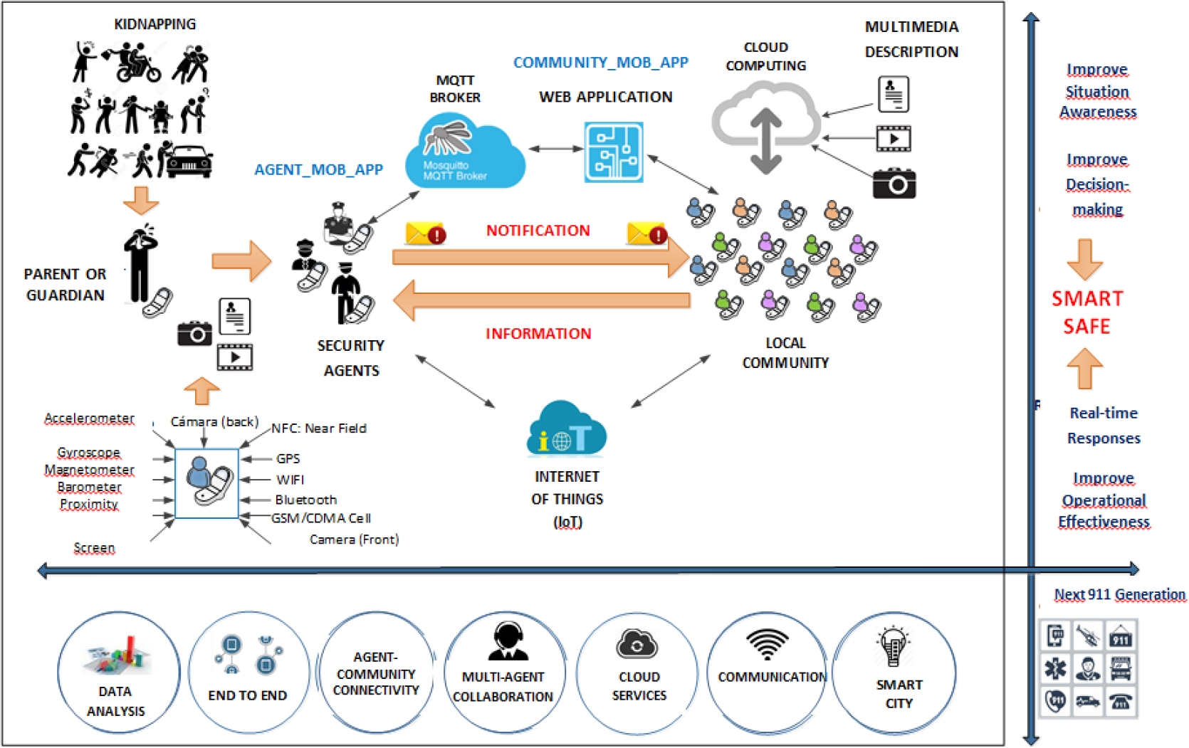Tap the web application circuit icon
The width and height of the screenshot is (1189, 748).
point(613,152)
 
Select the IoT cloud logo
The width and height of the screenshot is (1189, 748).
point(566,429)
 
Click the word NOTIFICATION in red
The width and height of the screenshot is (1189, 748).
point(538,231)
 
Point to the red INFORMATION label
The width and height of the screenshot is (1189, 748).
point(538,334)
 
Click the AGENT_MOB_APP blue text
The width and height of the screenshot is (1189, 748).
point(318,169)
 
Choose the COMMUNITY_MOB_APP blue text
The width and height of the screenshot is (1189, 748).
point(600,63)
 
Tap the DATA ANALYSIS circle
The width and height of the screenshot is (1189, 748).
point(117,673)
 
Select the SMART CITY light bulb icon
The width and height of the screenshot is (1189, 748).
point(893,646)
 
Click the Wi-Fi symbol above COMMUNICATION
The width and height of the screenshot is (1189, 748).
point(767,644)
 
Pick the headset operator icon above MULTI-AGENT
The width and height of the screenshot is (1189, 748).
point(508,641)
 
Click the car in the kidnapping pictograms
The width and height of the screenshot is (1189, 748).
point(188,162)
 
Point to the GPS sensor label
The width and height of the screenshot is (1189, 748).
point(288,459)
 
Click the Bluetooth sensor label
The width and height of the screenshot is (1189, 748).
point(305,500)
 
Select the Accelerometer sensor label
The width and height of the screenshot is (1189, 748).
point(89,418)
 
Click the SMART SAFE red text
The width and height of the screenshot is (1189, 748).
point(1086,312)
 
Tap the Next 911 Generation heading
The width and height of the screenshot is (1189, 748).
point(1119,594)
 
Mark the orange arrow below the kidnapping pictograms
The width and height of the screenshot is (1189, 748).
point(141,200)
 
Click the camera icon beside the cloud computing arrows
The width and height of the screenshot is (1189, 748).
point(894,183)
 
